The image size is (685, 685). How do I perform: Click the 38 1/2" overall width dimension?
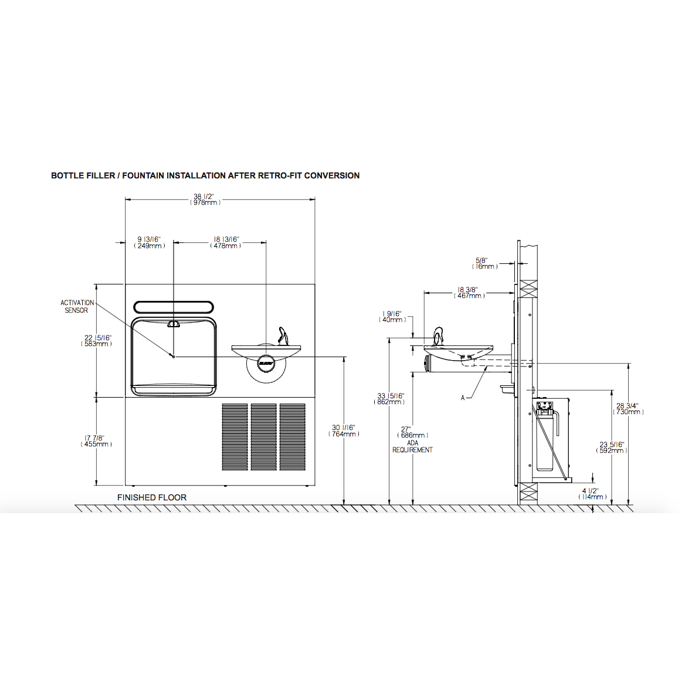[x=205, y=199]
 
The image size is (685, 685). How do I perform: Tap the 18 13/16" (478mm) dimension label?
[x=226, y=243]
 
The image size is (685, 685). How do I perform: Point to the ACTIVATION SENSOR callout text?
[x=77, y=307]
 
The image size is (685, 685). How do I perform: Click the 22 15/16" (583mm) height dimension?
[x=97, y=341]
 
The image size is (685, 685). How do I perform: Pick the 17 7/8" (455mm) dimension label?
[x=96, y=441]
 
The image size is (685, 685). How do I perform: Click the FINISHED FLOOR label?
[x=152, y=497]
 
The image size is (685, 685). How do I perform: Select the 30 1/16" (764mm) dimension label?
[x=344, y=431]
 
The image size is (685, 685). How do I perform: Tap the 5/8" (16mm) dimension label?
[x=484, y=263]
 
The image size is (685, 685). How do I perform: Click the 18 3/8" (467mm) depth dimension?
[x=468, y=293]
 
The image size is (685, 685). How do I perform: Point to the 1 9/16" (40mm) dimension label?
[x=392, y=317]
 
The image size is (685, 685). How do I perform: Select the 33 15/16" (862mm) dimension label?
[x=390, y=399]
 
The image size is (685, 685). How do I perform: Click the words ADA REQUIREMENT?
[x=413, y=447]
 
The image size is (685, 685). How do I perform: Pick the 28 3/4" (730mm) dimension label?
[x=628, y=409]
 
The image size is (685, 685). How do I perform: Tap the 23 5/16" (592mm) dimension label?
[x=612, y=447]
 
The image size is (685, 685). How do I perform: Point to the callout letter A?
[x=463, y=398]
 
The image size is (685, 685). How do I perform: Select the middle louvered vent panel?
[x=263, y=437]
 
